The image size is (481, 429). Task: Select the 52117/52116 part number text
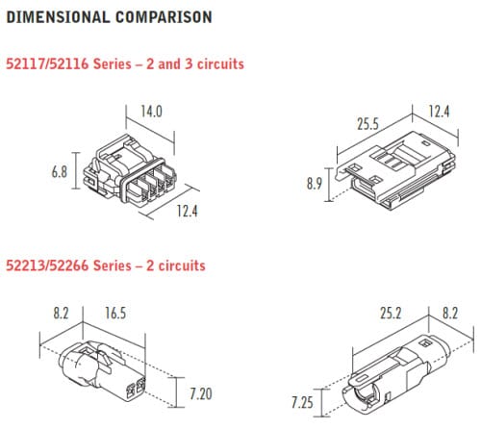[49, 63]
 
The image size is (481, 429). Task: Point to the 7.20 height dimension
[200, 394]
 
